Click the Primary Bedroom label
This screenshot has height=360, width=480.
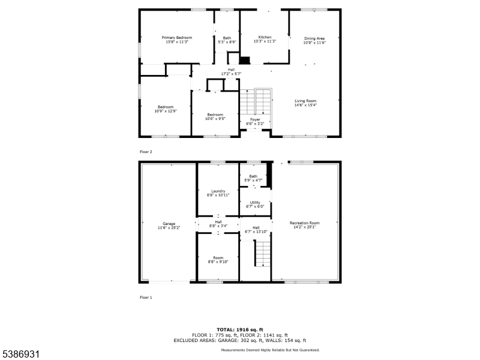177,38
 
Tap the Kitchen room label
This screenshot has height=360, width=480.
265,37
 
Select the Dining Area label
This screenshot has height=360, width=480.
314,38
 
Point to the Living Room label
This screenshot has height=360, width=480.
305,101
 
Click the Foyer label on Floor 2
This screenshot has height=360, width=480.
255,119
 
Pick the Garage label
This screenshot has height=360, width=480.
169,224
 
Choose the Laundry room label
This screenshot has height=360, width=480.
218,191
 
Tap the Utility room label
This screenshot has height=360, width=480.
255,202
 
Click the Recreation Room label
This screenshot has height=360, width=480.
305,223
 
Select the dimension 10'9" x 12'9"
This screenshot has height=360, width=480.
166,111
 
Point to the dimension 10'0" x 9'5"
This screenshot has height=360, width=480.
215,119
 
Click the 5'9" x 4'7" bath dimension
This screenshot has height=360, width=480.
253,181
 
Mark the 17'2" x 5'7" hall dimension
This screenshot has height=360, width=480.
231,74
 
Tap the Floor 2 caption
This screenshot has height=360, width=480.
146,152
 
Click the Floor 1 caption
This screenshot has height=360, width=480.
146,298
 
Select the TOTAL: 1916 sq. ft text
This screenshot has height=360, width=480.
240,329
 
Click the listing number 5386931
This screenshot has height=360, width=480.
20,355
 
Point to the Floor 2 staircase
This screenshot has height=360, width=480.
256,101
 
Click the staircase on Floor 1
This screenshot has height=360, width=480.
263,253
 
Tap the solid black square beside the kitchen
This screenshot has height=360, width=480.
245,61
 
